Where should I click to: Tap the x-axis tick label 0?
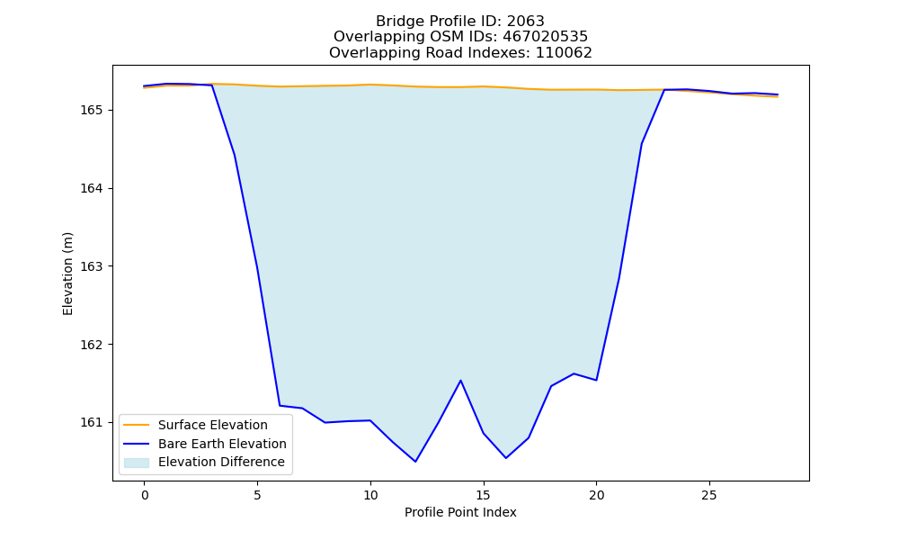click(x=145, y=495)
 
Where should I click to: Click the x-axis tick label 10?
click(x=370, y=495)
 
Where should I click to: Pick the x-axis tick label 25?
click(x=709, y=495)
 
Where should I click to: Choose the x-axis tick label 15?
click(x=484, y=495)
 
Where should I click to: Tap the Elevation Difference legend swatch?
click(x=137, y=463)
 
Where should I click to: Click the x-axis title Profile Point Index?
click(x=460, y=512)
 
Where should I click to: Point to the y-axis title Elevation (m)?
click(x=67, y=274)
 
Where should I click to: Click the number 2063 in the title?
click(x=525, y=22)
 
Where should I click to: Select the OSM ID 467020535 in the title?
click(x=546, y=37)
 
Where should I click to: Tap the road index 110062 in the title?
click(x=564, y=53)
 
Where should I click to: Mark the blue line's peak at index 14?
click(x=460, y=380)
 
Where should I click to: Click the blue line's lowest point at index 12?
click(x=415, y=462)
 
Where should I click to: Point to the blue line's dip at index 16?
click(x=505, y=458)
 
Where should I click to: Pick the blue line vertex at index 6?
click(x=280, y=406)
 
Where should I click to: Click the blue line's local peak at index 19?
click(x=574, y=373)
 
